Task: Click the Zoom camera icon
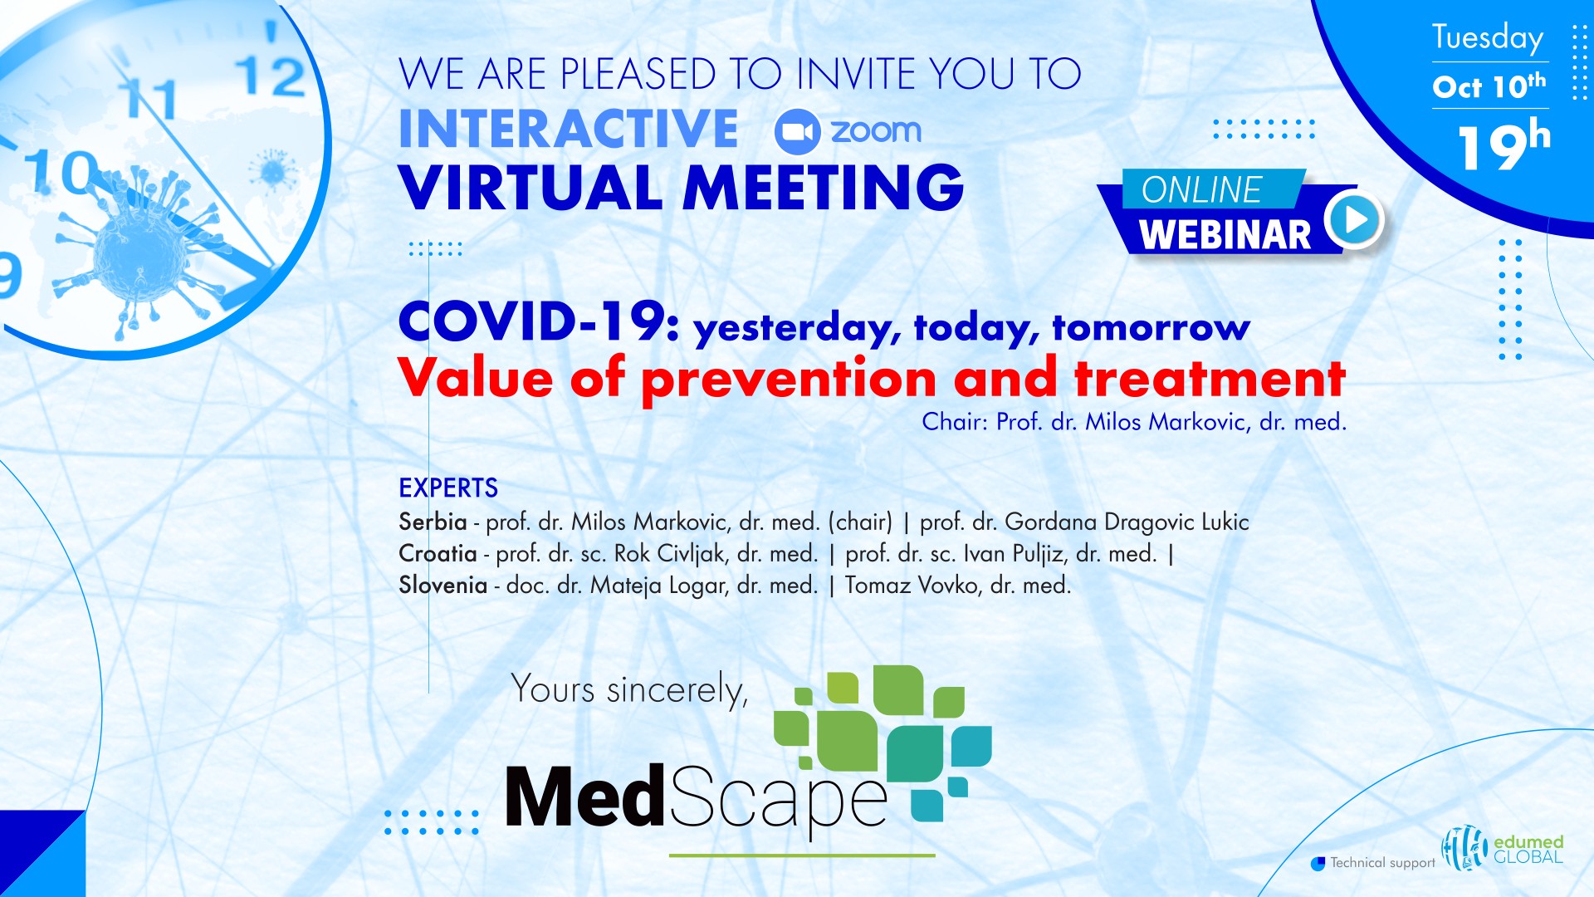[x=797, y=132]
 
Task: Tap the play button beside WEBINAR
[x=1354, y=220]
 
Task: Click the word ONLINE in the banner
[x=1201, y=190]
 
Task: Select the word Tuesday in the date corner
[x=1488, y=37]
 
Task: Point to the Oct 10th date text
[x=1489, y=86]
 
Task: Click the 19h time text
[x=1504, y=146]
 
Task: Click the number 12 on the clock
[x=271, y=77]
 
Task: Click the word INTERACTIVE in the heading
[x=568, y=130]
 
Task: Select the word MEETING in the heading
[x=823, y=187]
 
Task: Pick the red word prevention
[x=789, y=380]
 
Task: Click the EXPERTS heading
[x=448, y=488]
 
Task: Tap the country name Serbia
[x=433, y=522]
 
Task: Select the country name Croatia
[x=438, y=553]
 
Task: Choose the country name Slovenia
[x=443, y=585]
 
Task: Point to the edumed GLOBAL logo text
[x=1528, y=849]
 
